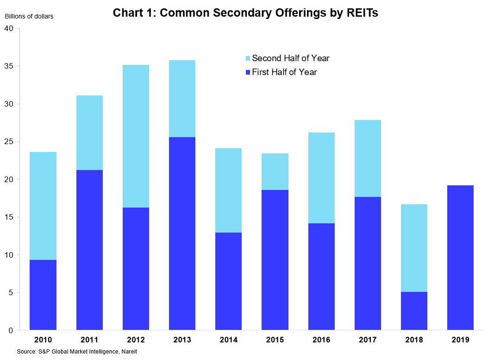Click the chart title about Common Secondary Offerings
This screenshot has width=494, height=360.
coord(245,13)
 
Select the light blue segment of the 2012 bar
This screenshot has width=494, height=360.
coord(136,136)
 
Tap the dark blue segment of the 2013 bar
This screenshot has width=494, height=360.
coord(182,234)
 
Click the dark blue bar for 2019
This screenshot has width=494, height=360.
coord(460,258)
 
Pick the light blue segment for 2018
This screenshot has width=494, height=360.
coord(413,248)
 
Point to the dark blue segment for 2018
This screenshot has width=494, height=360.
coord(413,311)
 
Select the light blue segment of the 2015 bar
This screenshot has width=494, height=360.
coord(275,171)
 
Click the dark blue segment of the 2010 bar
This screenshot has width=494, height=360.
coord(43,295)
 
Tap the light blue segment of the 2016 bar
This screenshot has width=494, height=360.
coord(321,178)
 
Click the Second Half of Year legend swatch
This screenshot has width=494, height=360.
coord(248,59)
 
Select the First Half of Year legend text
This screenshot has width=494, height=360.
coord(284,72)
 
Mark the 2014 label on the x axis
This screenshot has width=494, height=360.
coord(228,340)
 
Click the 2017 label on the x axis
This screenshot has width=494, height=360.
coord(367,340)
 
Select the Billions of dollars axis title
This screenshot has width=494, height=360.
coord(29,17)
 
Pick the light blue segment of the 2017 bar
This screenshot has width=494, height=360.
coord(367,158)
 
